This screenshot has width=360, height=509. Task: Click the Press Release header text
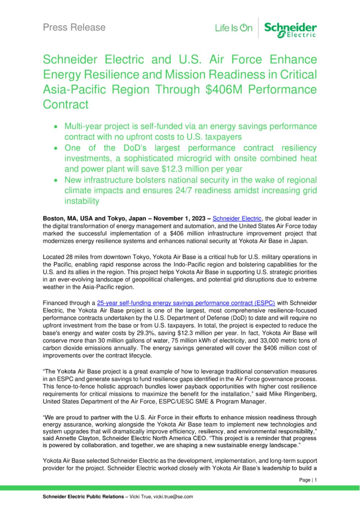tap(74, 27)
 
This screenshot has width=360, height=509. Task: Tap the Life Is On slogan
tap(234, 28)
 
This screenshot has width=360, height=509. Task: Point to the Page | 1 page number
tap(308, 480)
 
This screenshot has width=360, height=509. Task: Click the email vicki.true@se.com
tap(173, 496)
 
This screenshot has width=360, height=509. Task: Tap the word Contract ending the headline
tap(66, 104)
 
